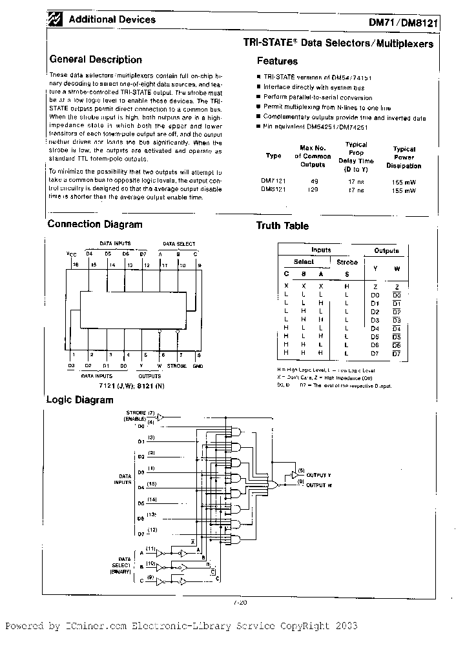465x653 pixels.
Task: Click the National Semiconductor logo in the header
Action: point(56,21)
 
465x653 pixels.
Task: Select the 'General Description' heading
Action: point(96,59)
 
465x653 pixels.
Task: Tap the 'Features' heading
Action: point(277,61)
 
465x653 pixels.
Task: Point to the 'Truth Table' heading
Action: point(282,226)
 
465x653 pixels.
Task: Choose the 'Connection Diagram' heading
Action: point(95,225)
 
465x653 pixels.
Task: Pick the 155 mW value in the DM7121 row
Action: point(404,182)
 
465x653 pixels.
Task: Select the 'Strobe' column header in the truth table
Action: point(347,262)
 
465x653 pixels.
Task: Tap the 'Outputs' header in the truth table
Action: point(386,250)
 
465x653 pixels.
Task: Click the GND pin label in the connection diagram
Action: point(198,366)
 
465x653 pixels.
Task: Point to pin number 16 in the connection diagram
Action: point(75,265)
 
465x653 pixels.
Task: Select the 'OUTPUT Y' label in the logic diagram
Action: point(319,475)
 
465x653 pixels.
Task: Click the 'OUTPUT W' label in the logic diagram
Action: point(319,484)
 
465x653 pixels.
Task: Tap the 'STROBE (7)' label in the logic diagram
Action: point(140,413)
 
